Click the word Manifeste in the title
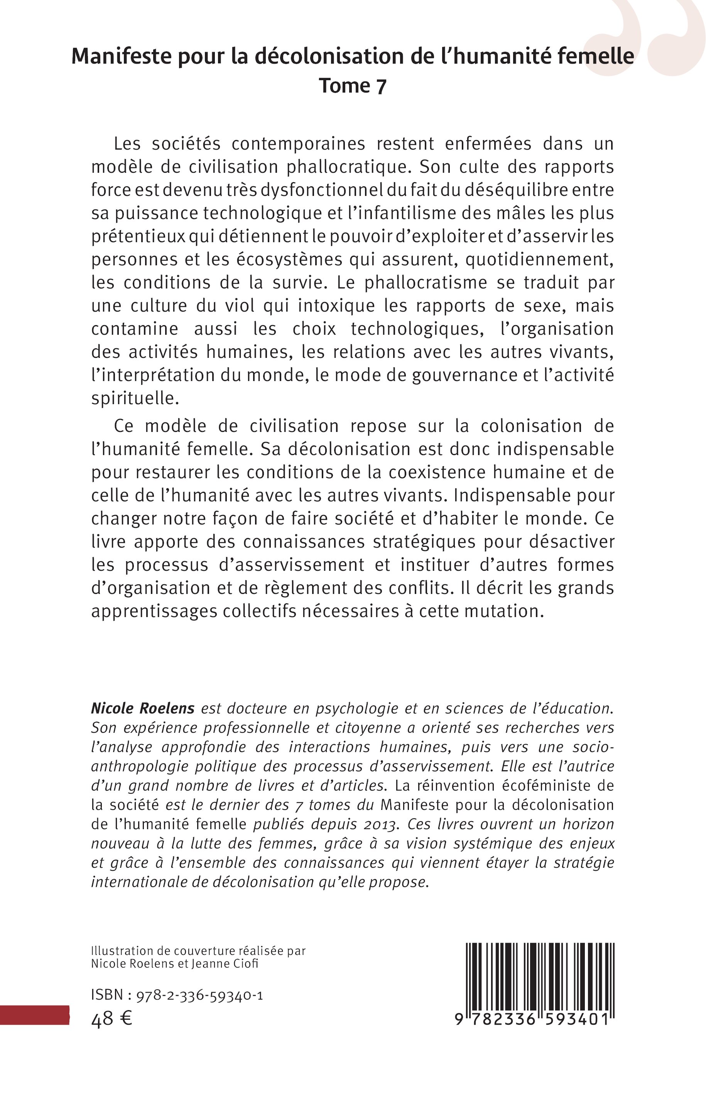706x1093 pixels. click(x=122, y=56)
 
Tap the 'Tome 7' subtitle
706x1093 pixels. click(x=353, y=86)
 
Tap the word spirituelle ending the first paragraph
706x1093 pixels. click(x=134, y=398)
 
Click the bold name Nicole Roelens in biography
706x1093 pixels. click(x=143, y=708)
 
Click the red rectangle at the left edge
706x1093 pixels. click(x=34, y=1015)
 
